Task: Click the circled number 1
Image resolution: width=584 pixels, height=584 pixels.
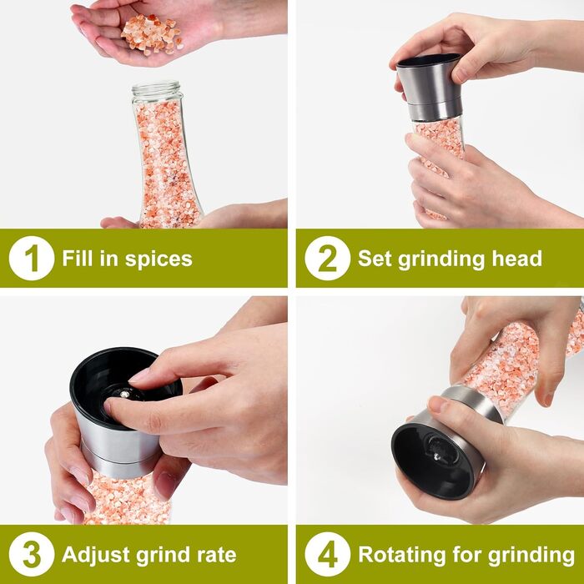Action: (32, 258)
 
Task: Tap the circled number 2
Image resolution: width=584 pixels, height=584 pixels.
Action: (327, 258)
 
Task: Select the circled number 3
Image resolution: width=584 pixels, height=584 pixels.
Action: (32, 555)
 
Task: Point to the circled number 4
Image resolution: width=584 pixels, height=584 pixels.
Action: (327, 555)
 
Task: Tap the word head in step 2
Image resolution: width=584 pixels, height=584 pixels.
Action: (517, 258)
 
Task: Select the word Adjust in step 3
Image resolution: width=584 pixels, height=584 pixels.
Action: (96, 556)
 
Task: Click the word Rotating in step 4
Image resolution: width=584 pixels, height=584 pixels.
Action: (401, 555)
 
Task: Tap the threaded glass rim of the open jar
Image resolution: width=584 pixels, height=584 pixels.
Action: (156, 90)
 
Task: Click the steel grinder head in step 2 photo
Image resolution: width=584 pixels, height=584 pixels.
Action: (430, 88)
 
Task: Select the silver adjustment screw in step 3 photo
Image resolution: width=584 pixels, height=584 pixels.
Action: (125, 394)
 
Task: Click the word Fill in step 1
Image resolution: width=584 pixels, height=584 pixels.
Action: (77, 258)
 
